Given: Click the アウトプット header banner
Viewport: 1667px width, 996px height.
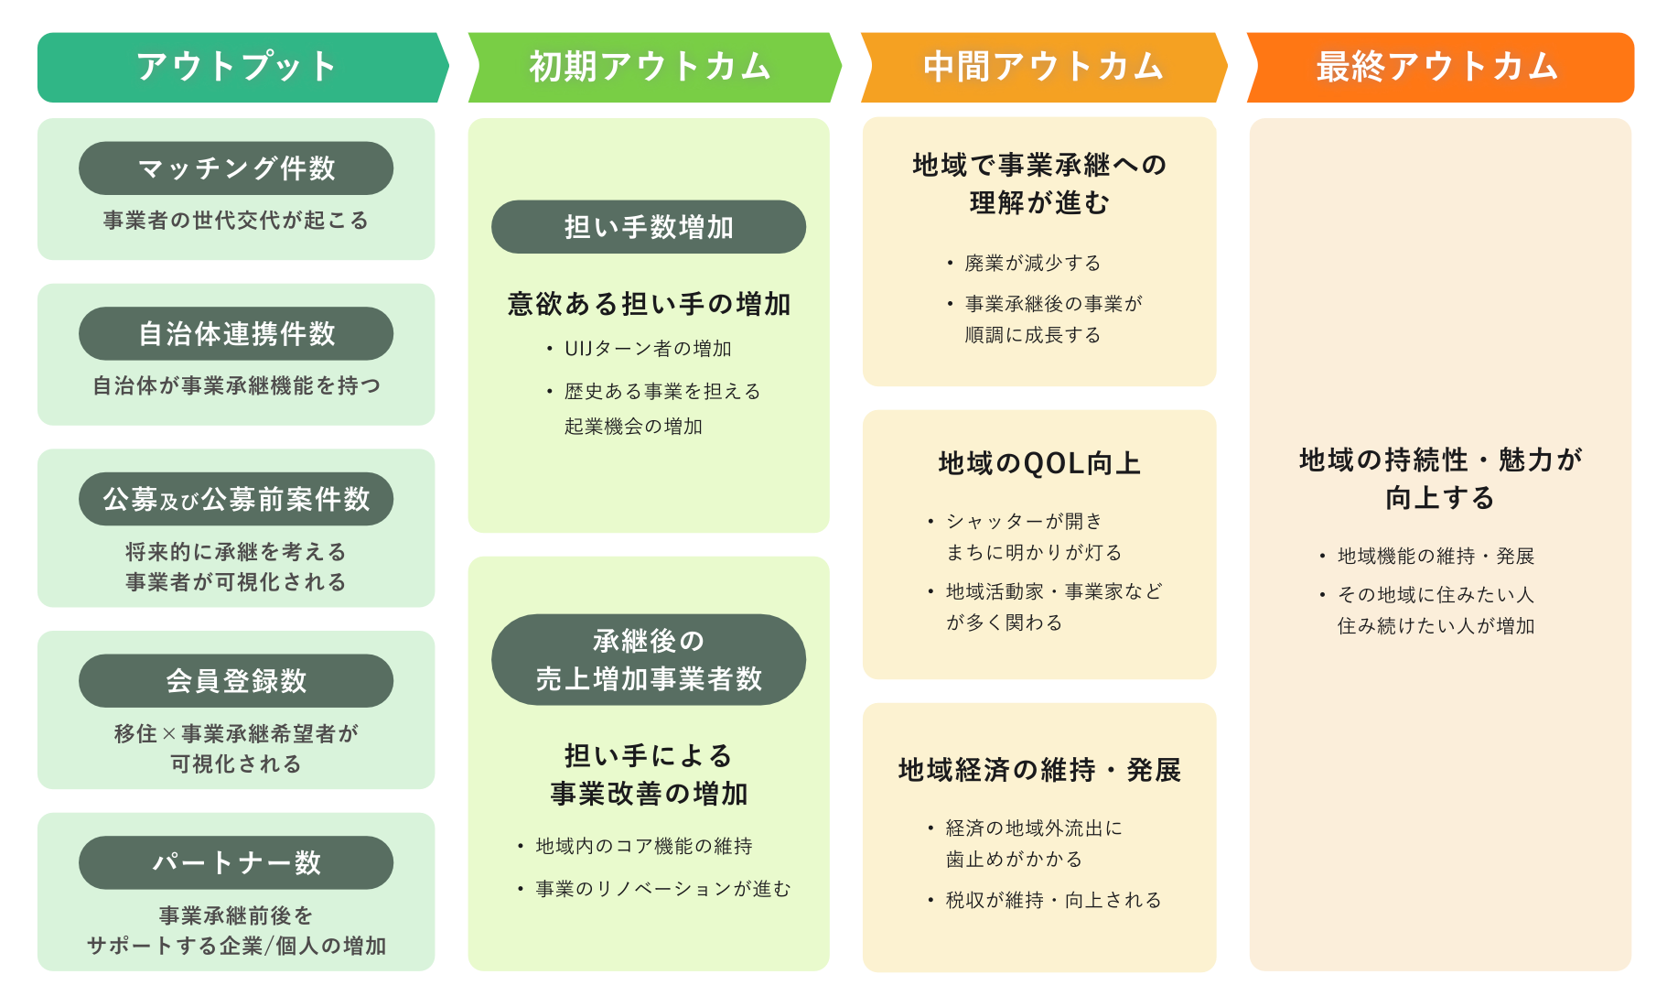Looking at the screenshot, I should [x=238, y=67].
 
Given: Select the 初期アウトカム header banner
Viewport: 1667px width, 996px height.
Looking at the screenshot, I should [x=651, y=67].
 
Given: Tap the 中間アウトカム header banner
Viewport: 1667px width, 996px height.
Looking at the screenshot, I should [x=1043, y=67].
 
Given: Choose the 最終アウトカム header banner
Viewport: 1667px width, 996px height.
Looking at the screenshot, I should [x=1437, y=67].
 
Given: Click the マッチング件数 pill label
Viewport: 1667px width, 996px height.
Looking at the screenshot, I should [x=236, y=168].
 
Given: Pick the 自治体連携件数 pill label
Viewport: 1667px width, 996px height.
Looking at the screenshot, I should [x=236, y=333].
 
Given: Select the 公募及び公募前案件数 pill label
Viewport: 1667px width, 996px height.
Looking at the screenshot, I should [x=236, y=499].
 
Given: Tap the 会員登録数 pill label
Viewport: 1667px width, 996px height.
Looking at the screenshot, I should [x=236, y=680].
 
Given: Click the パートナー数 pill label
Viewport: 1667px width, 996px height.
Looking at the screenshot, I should [x=236, y=862].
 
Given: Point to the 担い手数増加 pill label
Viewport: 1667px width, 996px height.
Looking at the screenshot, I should [x=649, y=227].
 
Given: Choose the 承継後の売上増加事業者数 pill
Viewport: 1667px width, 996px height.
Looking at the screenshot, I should [x=649, y=659].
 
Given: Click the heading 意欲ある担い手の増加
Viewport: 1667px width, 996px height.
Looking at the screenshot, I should [x=649, y=304].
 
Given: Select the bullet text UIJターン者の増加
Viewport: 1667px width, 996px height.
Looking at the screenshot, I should [x=648, y=349].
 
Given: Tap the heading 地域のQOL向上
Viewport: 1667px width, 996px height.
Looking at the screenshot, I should [x=1039, y=463].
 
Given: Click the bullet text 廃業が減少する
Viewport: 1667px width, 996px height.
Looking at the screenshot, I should [x=1032, y=264].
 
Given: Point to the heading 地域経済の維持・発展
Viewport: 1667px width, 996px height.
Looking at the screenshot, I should [x=1039, y=770].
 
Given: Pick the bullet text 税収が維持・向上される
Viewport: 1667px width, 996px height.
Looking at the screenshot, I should [x=1053, y=901].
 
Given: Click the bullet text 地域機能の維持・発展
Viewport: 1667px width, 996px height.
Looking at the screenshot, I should [x=1436, y=557].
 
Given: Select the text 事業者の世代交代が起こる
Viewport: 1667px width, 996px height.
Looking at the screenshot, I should [x=236, y=221].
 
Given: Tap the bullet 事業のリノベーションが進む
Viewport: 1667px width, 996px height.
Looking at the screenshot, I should [x=662, y=889].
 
